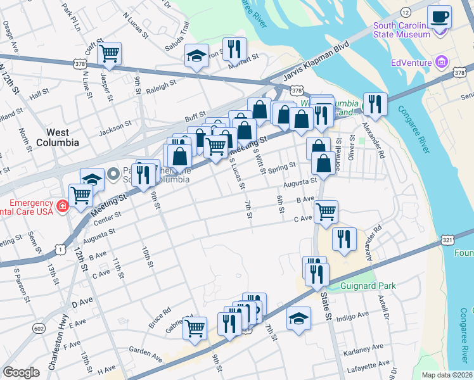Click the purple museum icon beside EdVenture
click(441, 62)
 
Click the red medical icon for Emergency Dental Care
click(63, 206)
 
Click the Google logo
click(21, 372)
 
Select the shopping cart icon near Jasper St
click(109, 53)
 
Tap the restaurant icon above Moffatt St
click(234, 48)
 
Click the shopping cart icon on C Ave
click(326, 212)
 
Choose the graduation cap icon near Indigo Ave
click(298, 319)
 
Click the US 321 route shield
click(447, 240)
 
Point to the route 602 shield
click(39, 328)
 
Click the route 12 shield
click(405, 12)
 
